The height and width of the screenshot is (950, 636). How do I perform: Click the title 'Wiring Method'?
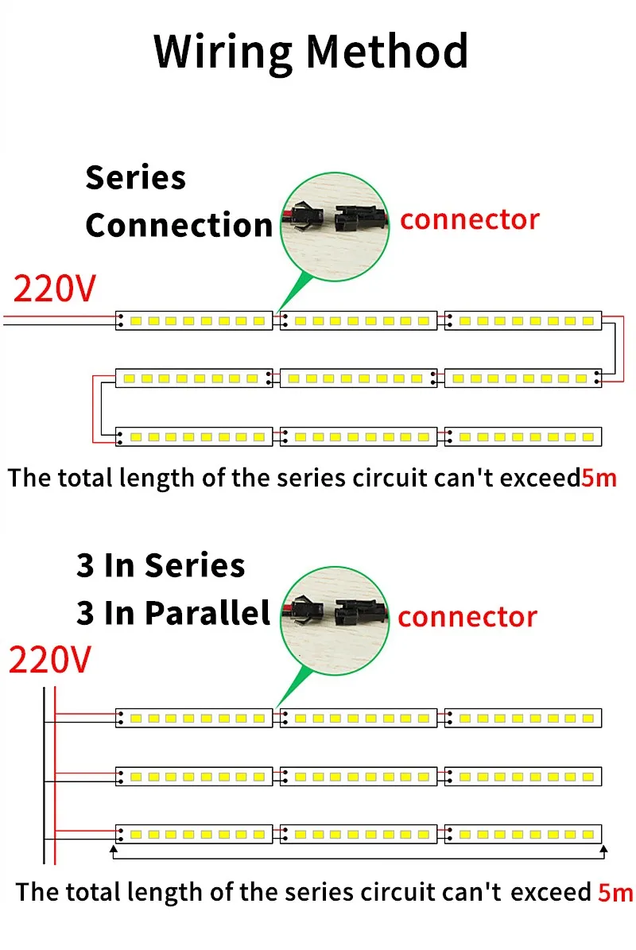[311, 51]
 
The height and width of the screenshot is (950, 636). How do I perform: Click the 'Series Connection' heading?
[178, 201]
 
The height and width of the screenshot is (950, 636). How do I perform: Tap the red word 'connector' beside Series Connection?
[469, 219]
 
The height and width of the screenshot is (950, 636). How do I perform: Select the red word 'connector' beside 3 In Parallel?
[467, 617]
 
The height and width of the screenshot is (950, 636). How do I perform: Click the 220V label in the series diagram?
[54, 289]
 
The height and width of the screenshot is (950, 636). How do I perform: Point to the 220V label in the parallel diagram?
[49, 660]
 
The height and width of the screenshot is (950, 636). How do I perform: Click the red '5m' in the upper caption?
[599, 478]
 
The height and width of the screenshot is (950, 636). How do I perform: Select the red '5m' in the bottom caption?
[615, 892]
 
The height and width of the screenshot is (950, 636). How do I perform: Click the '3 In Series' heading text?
[161, 565]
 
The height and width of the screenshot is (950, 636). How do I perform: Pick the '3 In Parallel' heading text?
[173, 613]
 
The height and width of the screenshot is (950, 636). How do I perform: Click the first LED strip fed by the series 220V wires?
[194, 320]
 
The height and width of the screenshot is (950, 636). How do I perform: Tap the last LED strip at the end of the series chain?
[523, 436]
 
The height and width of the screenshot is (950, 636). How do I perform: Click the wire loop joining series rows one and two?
[612, 350]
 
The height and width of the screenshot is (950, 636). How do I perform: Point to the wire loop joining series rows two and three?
[95, 407]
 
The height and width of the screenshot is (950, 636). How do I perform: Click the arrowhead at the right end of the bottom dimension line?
[603, 850]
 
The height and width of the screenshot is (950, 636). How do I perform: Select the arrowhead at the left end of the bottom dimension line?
[114, 850]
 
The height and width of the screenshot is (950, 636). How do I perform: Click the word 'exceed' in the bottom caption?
[551, 892]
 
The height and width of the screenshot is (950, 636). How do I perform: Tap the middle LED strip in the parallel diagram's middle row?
[359, 776]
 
